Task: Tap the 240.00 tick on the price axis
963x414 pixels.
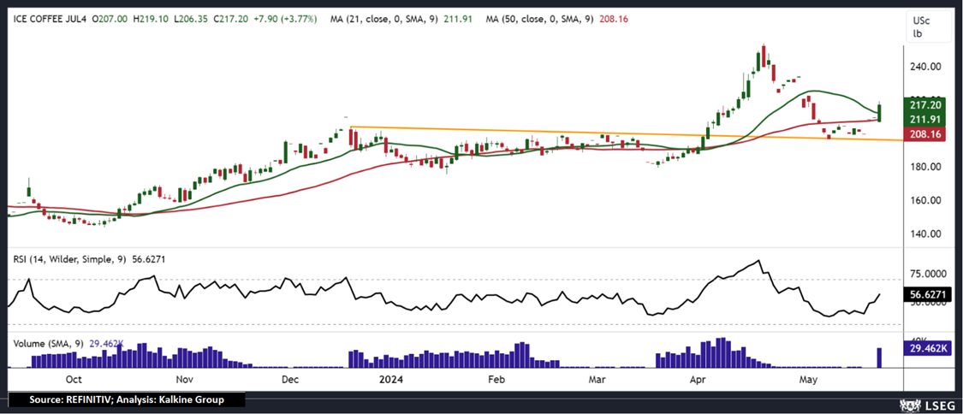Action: click(x=924, y=67)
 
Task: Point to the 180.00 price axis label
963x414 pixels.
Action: click(x=924, y=168)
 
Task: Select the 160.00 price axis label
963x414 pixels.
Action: click(x=924, y=201)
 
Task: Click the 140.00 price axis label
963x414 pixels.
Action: click(x=924, y=234)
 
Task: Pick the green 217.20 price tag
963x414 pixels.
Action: click(x=924, y=103)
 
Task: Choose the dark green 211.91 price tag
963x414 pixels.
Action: click(x=924, y=119)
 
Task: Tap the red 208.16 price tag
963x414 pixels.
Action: click(x=924, y=134)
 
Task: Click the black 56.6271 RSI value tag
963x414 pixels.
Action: click(x=926, y=293)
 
